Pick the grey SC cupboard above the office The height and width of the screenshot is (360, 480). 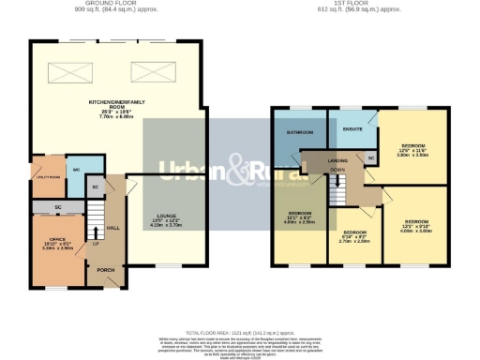(x=58, y=206)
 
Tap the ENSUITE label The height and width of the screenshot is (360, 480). (x=352, y=127)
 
